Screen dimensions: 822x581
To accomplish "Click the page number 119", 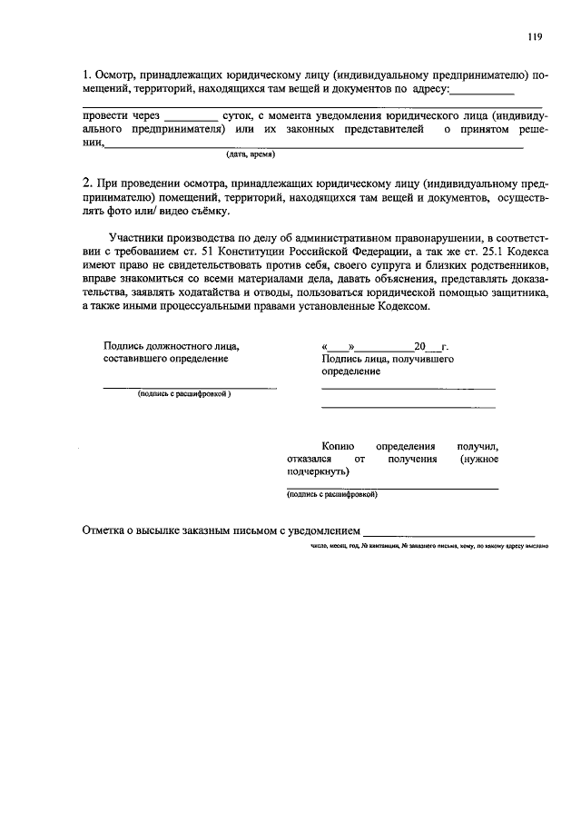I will tap(534, 37).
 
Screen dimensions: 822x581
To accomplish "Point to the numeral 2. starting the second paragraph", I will tap(86, 183).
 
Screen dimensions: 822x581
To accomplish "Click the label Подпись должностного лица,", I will tap(172, 346).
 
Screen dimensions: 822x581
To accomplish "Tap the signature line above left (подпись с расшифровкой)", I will tap(190, 387).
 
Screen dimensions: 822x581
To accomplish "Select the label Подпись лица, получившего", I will tap(388, 359).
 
